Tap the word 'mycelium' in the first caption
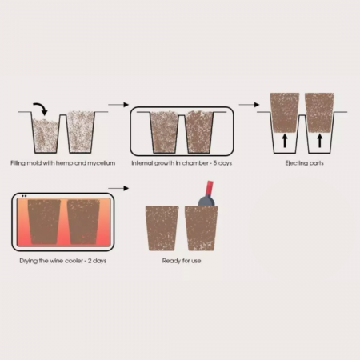(102, 163)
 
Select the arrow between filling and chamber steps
(118, 105)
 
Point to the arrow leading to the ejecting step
(249, 105)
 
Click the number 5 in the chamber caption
(215, 163)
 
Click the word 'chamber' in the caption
(195, 163)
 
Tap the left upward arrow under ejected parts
(285, 141)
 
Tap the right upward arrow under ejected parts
(320, 141)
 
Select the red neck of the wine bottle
(209, 189)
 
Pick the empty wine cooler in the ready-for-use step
(162, 228)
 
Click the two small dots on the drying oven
(24, 196)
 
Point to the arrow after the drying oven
(118, 188)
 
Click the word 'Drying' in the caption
(29, 261)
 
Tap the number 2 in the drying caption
(90, 261)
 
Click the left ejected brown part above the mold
(285, 113)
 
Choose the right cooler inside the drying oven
(83, 222)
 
